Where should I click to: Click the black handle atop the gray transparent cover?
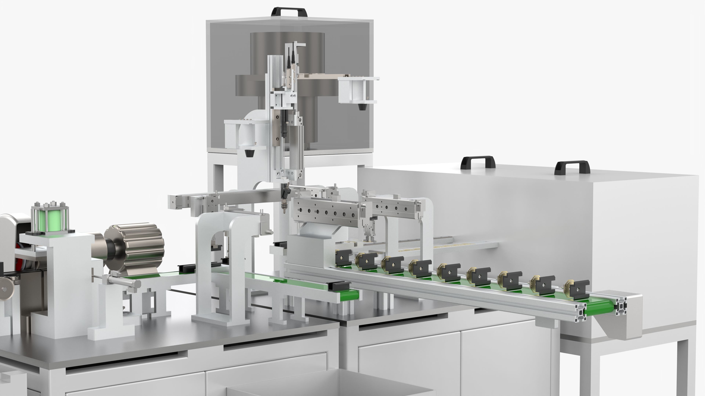point(289,12)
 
